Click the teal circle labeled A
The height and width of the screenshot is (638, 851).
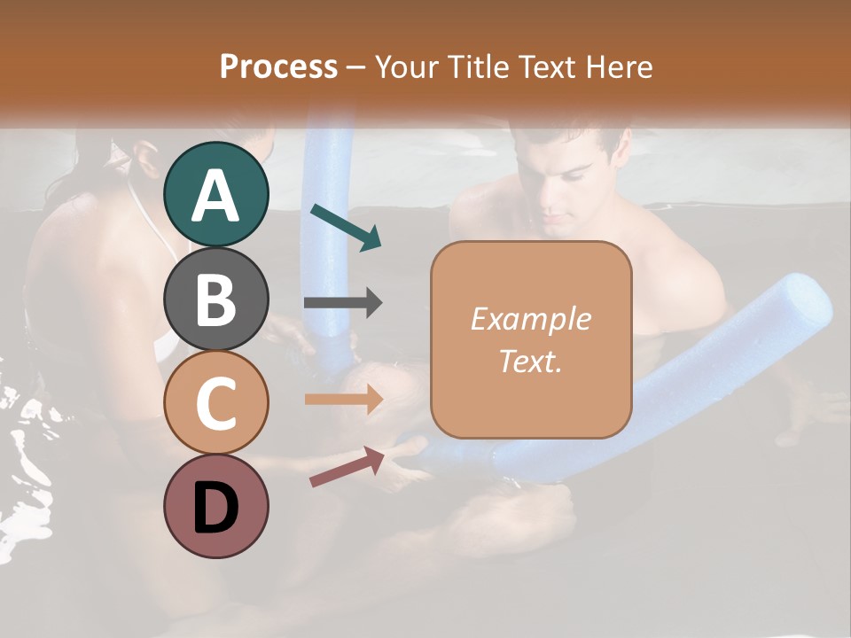(x=215, y=195)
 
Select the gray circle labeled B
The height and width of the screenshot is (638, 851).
(x=215, y=299)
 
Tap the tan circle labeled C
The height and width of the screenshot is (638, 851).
(x=215, y=403)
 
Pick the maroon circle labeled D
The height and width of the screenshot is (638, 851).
(x=215, y=506)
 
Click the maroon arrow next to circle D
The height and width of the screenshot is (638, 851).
(x=347, y=467)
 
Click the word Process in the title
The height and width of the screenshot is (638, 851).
(x=278, y=67)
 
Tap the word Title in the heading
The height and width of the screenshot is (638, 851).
(x=479, y=67)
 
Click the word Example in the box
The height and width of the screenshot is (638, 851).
(x=530, y=320)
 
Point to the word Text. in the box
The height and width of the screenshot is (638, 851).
(x=530, y=361)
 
